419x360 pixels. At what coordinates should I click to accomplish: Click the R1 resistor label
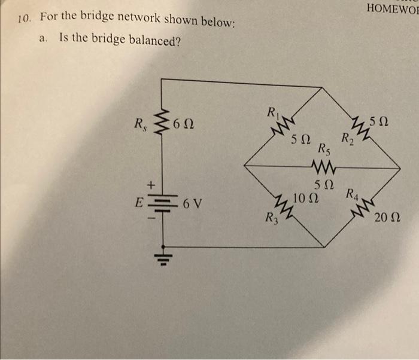coord(274,112)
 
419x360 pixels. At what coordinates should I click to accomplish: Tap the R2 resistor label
coord(348,139)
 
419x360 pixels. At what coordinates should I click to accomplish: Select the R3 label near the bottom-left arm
coord(272,218)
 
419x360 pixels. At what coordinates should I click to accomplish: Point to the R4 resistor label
coord(352,194)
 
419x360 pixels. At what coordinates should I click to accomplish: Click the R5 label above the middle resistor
coord(324,150)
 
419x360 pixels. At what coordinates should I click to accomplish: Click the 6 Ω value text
coord(183,124)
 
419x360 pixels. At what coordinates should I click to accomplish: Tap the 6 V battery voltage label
coord(192,204)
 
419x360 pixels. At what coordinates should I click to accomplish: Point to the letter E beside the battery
coord(138,203)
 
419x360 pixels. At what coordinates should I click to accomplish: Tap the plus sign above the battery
coord(151,185)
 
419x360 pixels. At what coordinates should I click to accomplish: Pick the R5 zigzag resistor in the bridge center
coord(323,167)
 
